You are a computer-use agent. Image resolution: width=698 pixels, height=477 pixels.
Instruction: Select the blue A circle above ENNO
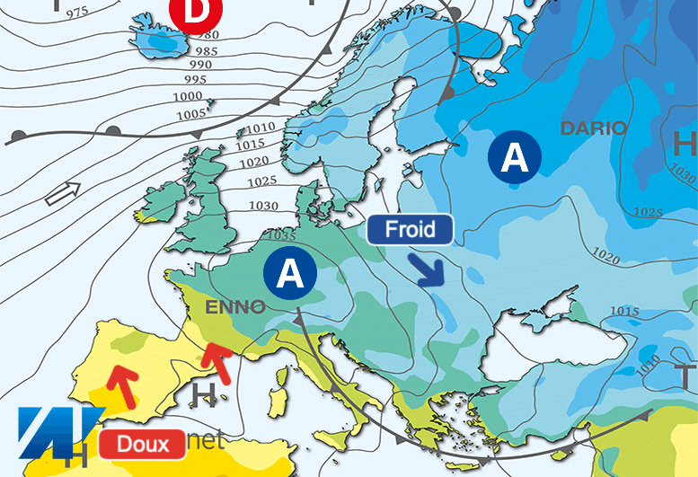(290, 272)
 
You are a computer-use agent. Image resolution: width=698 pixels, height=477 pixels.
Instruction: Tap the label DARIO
(594, 128)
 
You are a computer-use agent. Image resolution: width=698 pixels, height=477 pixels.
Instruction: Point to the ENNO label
(235, 307)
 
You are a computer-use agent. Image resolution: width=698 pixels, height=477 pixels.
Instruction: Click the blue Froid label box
(410, 230)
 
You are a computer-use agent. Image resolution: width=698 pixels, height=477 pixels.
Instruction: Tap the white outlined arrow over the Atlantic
(63, 191)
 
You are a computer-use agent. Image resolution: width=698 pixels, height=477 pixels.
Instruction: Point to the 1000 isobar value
(187, 97)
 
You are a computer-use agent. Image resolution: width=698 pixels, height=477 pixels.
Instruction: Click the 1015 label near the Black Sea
(624, 311)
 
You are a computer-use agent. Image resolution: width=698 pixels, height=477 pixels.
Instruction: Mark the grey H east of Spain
(205, 396)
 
